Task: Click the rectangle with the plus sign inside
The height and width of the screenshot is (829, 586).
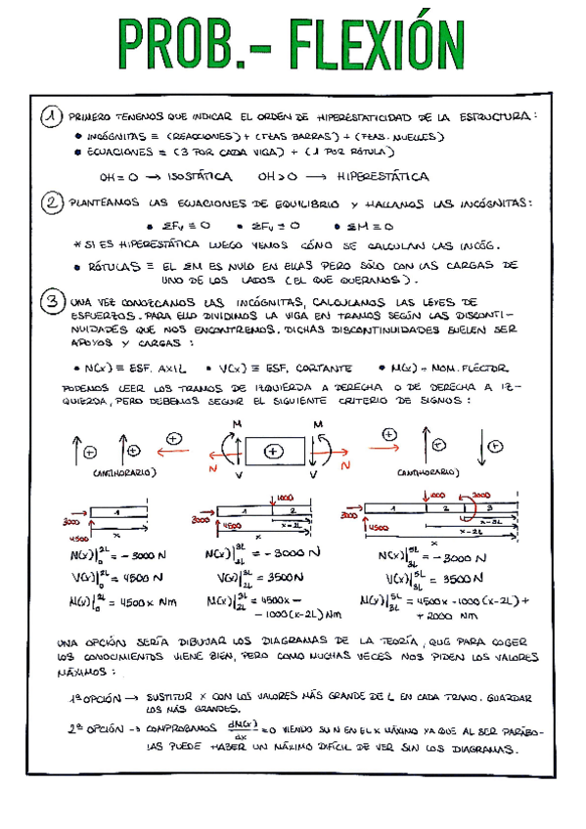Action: [274, 451]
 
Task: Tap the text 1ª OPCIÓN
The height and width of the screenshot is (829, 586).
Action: [89, 699]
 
